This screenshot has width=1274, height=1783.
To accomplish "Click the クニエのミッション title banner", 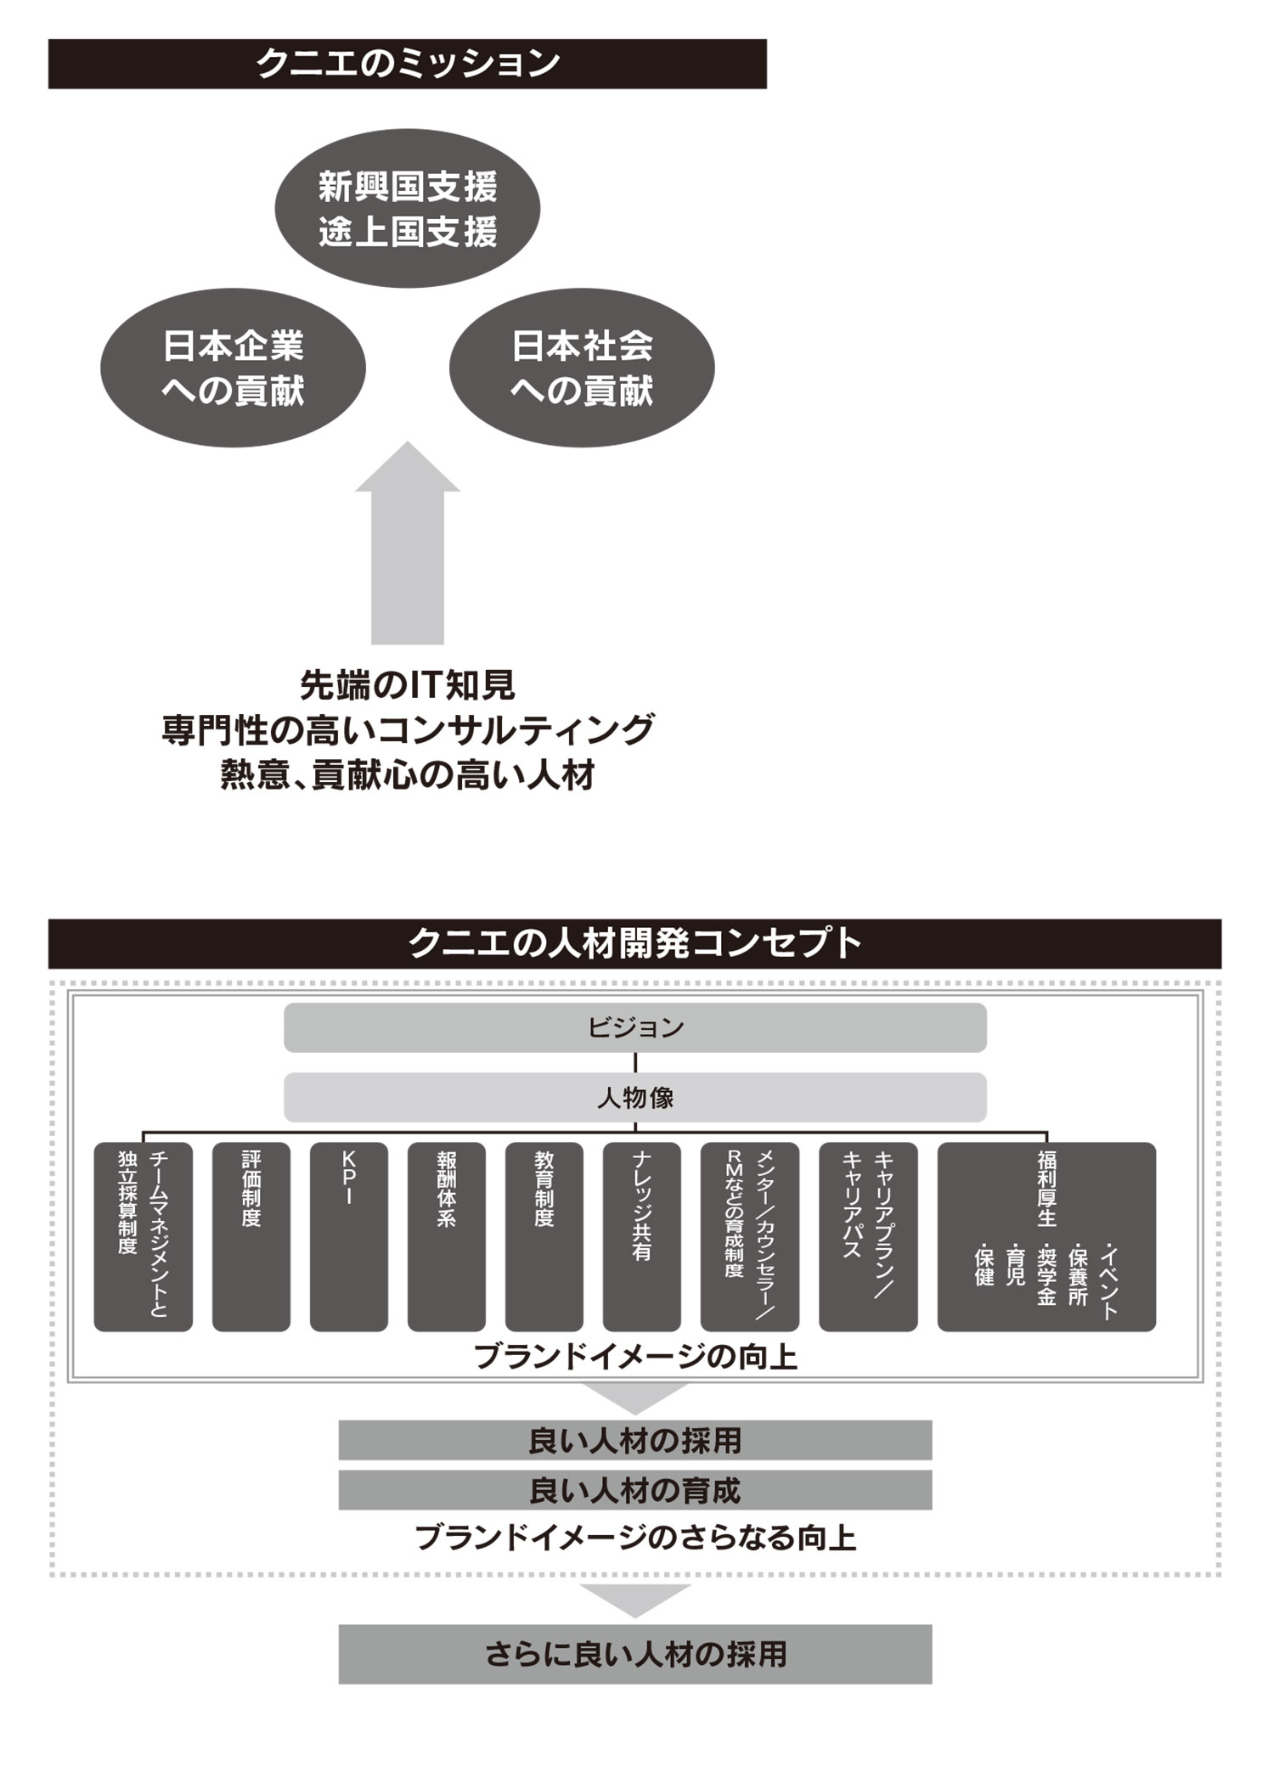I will coord(407,64).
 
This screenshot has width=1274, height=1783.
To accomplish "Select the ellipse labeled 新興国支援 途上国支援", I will coord(408,209).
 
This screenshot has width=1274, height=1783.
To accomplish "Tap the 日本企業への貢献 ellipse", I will coord(233,368).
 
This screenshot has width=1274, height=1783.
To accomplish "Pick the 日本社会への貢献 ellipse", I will coord(582,368).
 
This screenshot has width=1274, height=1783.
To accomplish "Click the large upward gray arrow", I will coord(408,552).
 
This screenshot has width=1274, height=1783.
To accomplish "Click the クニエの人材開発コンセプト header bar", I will coord(634,943).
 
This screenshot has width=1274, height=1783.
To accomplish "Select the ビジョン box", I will coord(634,1027).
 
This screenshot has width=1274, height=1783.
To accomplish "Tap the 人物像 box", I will coord(634,1097).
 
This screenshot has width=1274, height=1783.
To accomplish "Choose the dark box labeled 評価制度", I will coord(251,1236).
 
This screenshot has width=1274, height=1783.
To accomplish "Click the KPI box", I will coord(348,1236).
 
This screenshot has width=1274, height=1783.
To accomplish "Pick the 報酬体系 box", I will coord(447,1236).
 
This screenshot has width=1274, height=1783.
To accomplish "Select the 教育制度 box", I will coord(544,1236).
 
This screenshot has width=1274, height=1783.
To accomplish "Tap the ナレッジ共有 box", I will coord(642,1236).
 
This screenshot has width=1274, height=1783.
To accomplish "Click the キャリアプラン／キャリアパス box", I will coord(868,1236).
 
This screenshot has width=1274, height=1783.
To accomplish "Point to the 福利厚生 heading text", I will coord(1046,1189).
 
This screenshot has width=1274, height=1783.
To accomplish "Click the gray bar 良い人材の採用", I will coord(634,1441).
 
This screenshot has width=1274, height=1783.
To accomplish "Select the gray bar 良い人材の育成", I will coord(634,1490).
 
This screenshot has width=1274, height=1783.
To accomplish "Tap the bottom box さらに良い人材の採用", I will coord(634,1654).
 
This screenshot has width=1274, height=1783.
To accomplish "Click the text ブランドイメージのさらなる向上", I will coord(634,1538).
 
